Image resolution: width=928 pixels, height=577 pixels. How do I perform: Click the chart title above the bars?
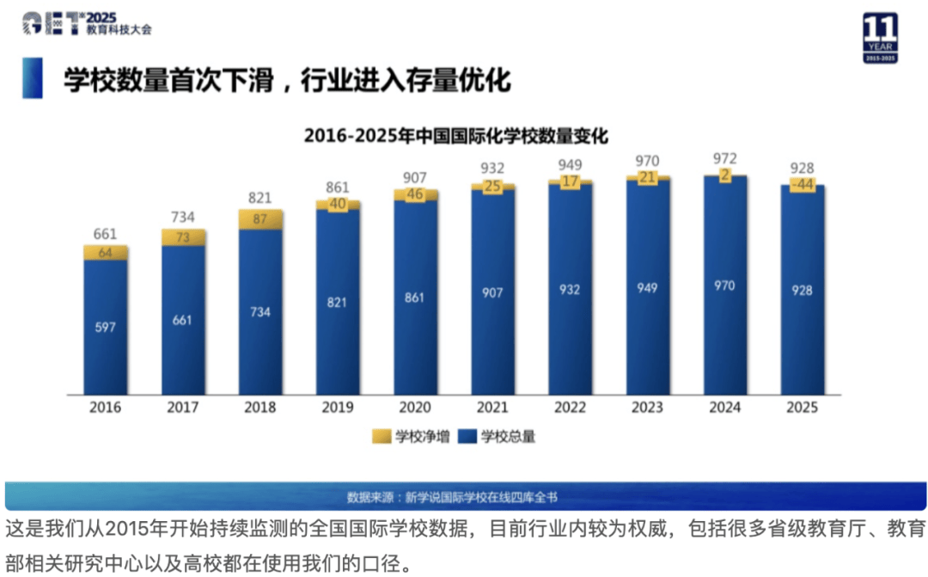tap(455, 136)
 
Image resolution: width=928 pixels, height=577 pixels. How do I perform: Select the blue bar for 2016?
tap(106, 327)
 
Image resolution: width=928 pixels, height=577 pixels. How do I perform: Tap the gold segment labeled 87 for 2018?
tap(260, 219)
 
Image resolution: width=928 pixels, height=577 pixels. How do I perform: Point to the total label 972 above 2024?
tap(724, 158)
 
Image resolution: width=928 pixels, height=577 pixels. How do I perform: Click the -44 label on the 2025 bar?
tap(802, 186)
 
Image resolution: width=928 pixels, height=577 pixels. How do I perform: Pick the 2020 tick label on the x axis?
tap(415, 407)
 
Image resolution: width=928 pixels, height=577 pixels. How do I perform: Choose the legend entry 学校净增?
tap(406, 437)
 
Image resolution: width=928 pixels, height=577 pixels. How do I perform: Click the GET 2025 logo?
tap(86, 23)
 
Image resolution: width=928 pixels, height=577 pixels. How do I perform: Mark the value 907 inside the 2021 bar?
tap(492, 292)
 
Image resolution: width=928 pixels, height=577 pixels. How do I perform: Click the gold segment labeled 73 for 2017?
tap(183, 236)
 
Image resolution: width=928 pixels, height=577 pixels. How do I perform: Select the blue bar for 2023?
tap(648, 288)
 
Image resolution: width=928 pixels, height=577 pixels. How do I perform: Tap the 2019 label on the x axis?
tap(338, 407)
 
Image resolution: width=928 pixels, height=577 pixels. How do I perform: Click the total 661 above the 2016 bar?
tap(106, 234)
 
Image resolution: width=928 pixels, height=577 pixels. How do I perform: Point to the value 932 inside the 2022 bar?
tap(570, 289)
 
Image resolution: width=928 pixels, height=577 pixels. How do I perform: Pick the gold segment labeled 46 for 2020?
tap(415, 195)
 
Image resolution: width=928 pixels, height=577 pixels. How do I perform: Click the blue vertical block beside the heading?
tap(33, 79)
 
